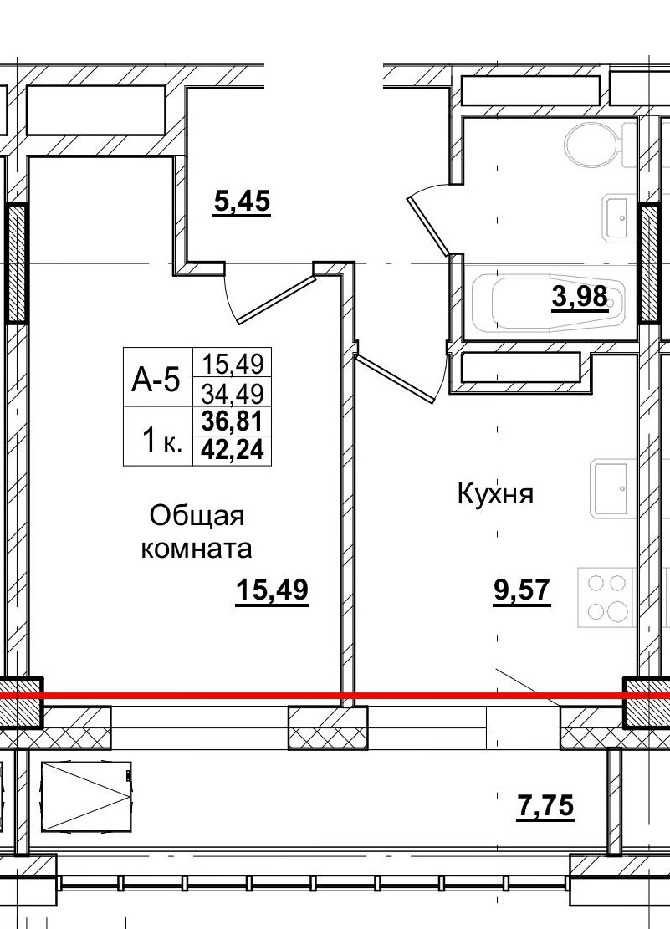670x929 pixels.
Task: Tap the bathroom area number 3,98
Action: (x=579, y=296)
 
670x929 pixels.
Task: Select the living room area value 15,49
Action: (x=272, y=590)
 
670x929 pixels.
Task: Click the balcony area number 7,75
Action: (x=545, y=807)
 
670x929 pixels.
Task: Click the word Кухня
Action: (x=495, y=494)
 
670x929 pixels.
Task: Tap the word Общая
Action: (x=197, y=516)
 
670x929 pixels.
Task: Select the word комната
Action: (x=197, y=549)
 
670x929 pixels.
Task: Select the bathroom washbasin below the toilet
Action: (x=619, y=217)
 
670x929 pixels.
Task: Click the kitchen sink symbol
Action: (x=612, y=487)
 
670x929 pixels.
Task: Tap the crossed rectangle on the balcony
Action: (x=85, y=795)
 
